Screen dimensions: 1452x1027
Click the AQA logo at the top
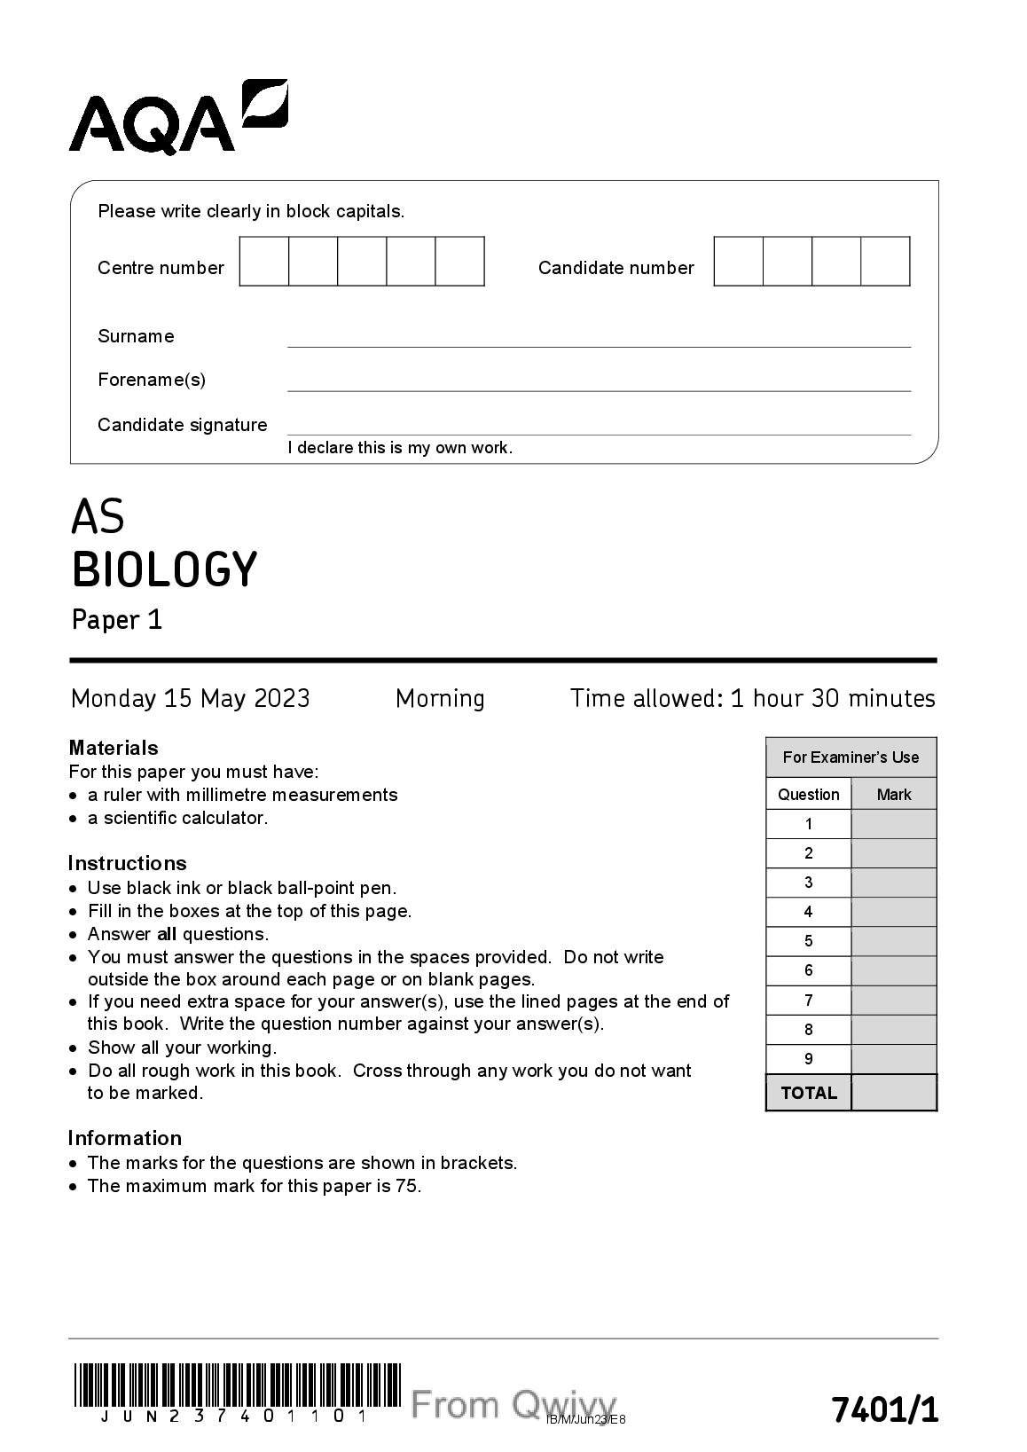(177, 118)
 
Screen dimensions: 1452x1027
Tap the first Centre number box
(264, 262)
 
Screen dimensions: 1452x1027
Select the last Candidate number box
(885, 262)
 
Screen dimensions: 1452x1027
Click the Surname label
(136, 336)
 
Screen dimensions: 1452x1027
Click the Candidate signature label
(182, 425)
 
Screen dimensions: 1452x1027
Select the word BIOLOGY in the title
(164, 569)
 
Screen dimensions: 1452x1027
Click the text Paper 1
(117, 619)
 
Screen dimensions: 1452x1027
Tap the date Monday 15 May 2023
(190, 699)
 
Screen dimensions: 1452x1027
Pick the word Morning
(440, 699)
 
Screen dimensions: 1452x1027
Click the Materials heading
(114, 748)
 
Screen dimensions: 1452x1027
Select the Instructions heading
(127, 863)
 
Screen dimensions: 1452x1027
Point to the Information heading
(124, 1138)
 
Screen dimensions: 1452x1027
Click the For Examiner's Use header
(851, 757)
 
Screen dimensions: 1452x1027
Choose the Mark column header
(893, 795)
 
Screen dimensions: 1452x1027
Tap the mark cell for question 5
(893, 941)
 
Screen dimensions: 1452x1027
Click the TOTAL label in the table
(809, 1093)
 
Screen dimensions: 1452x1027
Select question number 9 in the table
(809, 1059)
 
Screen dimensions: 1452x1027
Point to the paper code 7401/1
(883, 1409)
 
